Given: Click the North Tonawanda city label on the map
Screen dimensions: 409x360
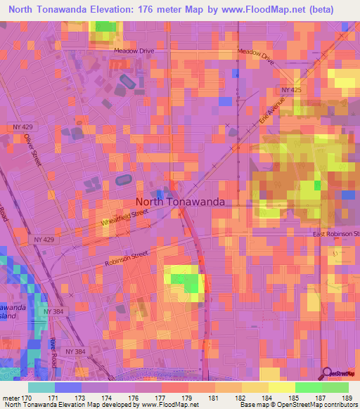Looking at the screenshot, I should [x=180, y=201].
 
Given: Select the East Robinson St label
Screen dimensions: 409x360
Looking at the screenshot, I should [x=336, y=233].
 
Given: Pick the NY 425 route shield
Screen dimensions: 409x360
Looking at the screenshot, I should [x=290, y=91].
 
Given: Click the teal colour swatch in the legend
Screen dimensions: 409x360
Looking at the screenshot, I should [x=41, y=387].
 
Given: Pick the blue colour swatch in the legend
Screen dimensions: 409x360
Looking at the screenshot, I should [x=68, y=387].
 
